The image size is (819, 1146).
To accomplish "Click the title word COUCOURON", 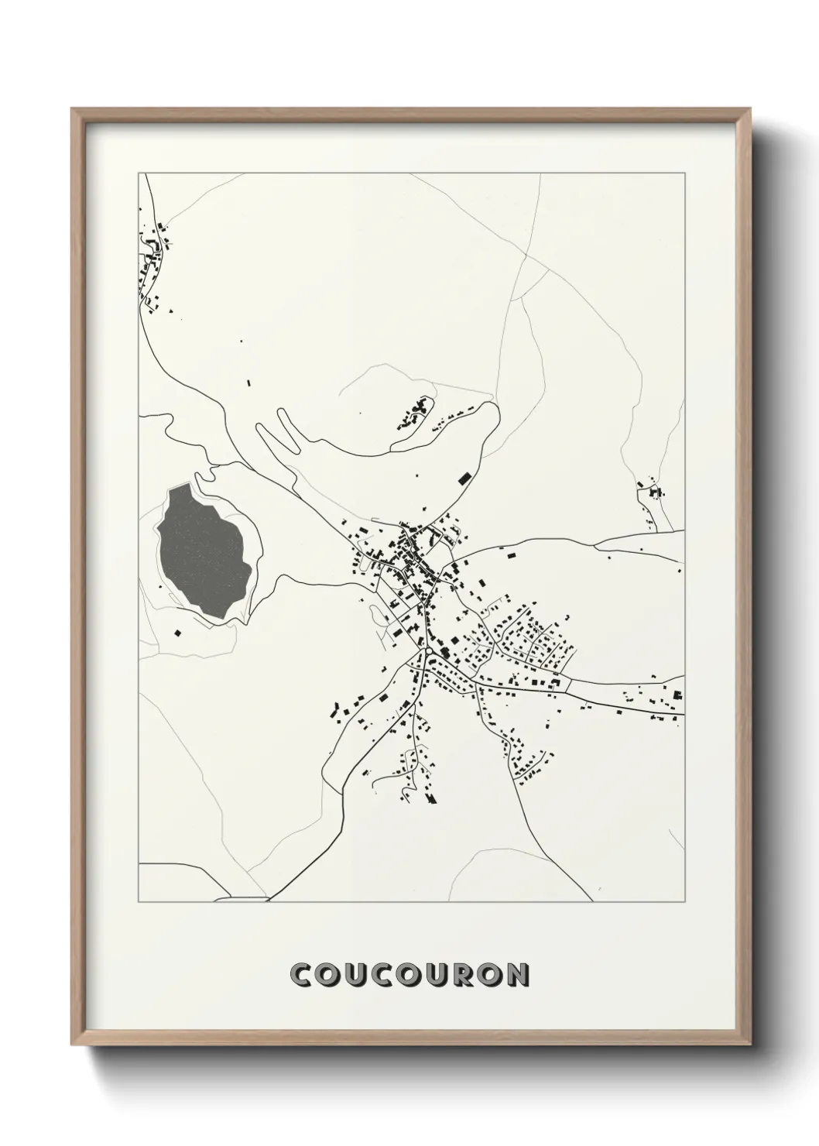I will tap(409, 974).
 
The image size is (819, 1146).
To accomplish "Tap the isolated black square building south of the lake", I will tap(177, 633).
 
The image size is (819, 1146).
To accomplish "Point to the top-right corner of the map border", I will tap(684, 173).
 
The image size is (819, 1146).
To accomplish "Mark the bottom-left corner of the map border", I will tap(139, 902).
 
